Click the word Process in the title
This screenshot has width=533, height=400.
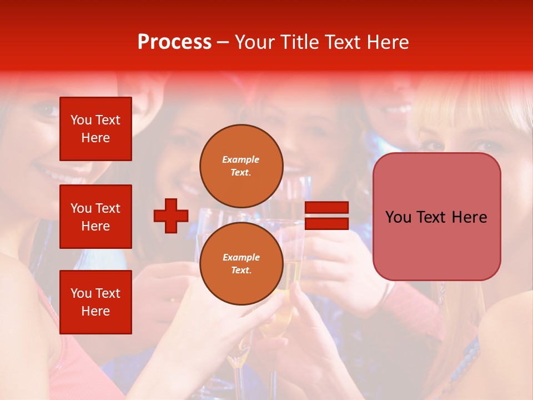tap(174, 42)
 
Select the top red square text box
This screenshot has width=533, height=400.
tap(95, 129)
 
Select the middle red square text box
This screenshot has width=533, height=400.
tap(95, 217)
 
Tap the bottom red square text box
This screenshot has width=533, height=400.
tap(95, 302)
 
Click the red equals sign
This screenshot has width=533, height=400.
tap(326, 216)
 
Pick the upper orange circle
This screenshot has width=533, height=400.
tap(242, 166)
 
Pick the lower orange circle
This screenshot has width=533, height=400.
tap(242, 263)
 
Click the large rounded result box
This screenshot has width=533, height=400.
tap(436, 217)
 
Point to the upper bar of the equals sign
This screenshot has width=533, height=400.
tap(326, 208)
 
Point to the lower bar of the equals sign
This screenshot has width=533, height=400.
tap(326, 223)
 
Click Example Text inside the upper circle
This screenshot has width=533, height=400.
tap(241, 166)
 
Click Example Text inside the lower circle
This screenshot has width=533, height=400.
tap(241, 263)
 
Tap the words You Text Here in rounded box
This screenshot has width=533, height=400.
tap(436, 217)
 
